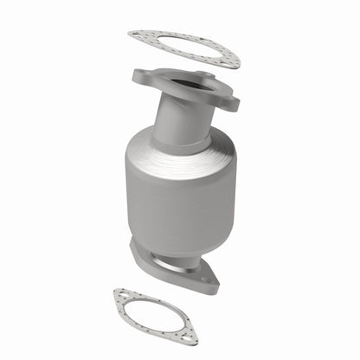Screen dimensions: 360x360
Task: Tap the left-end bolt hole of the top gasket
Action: [137, 35]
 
